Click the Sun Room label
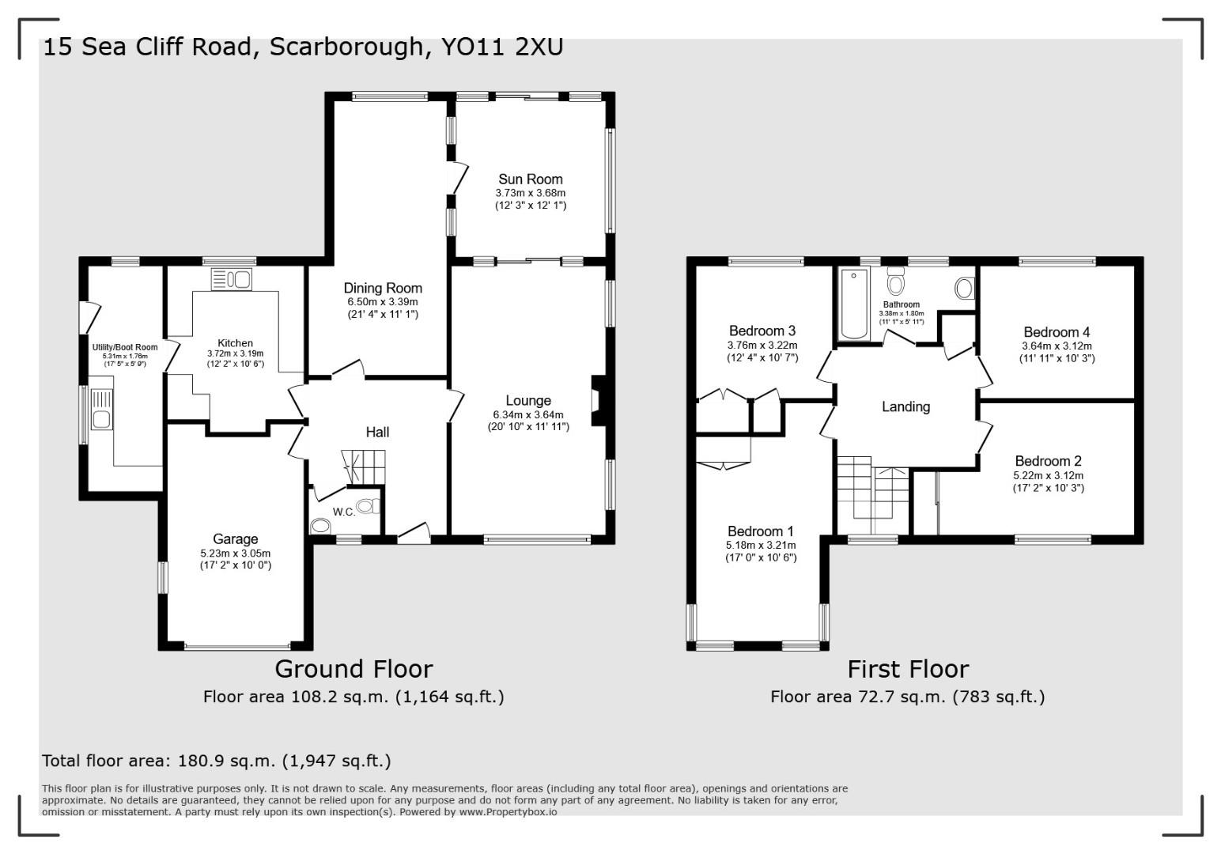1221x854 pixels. pos(530,179)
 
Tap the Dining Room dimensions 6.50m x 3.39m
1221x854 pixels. pos(382,302)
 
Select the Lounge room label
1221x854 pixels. pos(528,401)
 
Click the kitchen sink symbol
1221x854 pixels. pos(231,279)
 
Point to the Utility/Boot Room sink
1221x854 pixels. pos(100,418)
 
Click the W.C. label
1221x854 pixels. pos(344,512)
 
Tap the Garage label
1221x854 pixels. pos(236,539)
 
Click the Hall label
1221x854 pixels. pos(377,433)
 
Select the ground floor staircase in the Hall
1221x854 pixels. pos(363,466)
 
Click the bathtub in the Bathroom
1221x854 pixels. pos(853,304)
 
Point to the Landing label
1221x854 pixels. pos(905,407)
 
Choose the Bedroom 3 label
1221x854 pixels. pos(762,331)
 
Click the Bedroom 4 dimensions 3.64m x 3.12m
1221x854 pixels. pos(1057,346)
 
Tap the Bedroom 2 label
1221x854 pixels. pos(1048,461)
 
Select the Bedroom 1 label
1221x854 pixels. pos(760,531)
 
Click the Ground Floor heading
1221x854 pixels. pos(353,669)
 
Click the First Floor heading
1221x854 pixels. pos(908,670)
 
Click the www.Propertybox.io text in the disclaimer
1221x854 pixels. pos(508,812)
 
